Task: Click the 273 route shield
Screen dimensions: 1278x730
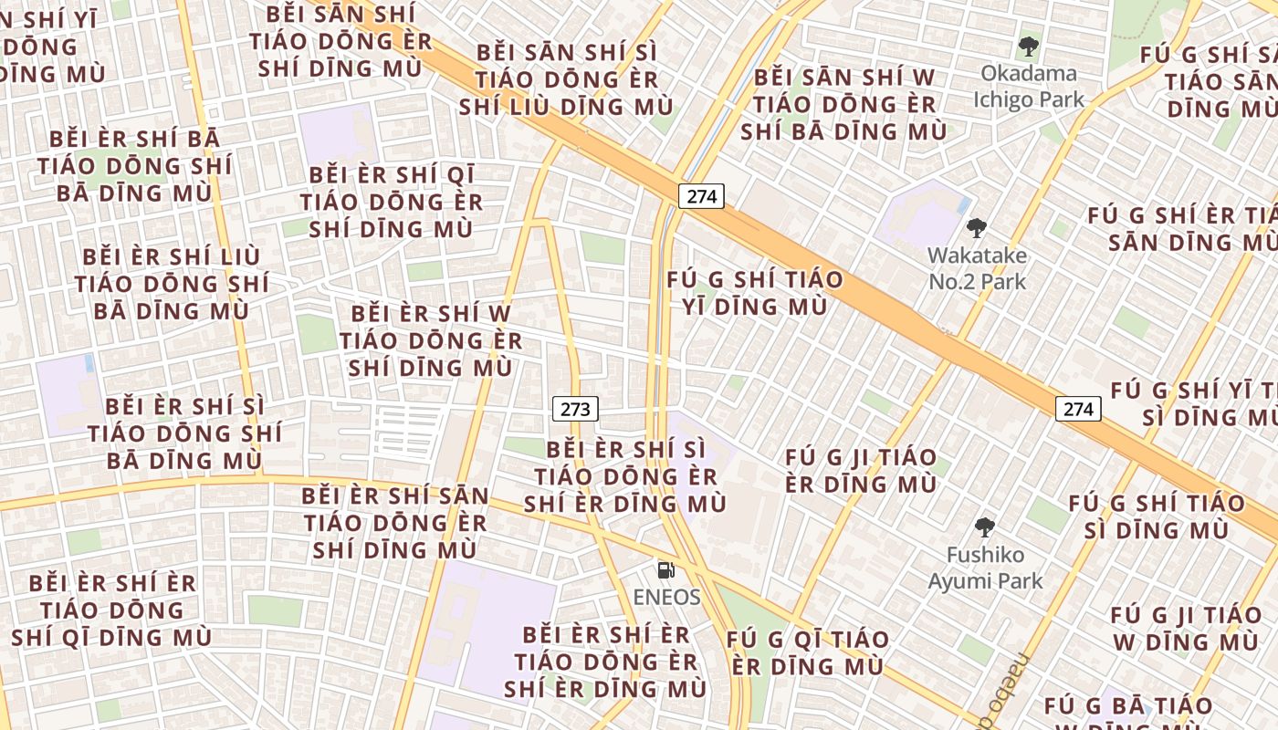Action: (575, 410)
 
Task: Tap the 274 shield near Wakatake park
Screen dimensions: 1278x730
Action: (701, 196)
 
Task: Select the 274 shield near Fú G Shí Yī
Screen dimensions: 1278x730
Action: (1078, 409)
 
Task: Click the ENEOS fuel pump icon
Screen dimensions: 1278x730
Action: (666, 571)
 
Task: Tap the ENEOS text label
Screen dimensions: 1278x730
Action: (667, 598)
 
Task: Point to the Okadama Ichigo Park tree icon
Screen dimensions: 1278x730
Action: (1029, 46)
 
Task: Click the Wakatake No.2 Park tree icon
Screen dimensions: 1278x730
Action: (977, 228)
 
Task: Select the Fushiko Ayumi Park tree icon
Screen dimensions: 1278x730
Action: (984, 527)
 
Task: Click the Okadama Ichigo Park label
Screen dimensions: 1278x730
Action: (1029, 86)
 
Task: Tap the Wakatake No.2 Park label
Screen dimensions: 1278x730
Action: (977, 268)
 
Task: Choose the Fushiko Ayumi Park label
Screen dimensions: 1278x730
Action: (985, 568)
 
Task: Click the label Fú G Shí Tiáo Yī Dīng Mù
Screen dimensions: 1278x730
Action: (755, 293)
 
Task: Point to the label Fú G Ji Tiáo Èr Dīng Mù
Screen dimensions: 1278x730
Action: (861, 471)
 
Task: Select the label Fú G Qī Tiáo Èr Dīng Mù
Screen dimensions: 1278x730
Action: (807, 652)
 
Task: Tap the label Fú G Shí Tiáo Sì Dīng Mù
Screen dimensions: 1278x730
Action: (1157, 516)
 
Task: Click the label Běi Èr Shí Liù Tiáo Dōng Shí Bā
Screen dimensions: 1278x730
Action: (171, 284)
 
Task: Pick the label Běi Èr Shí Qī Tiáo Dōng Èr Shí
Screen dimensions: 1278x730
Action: (392, 202)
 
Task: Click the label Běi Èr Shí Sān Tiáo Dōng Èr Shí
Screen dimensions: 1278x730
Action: (395, 523)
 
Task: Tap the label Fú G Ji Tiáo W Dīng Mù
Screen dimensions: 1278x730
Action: (1186, 629)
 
